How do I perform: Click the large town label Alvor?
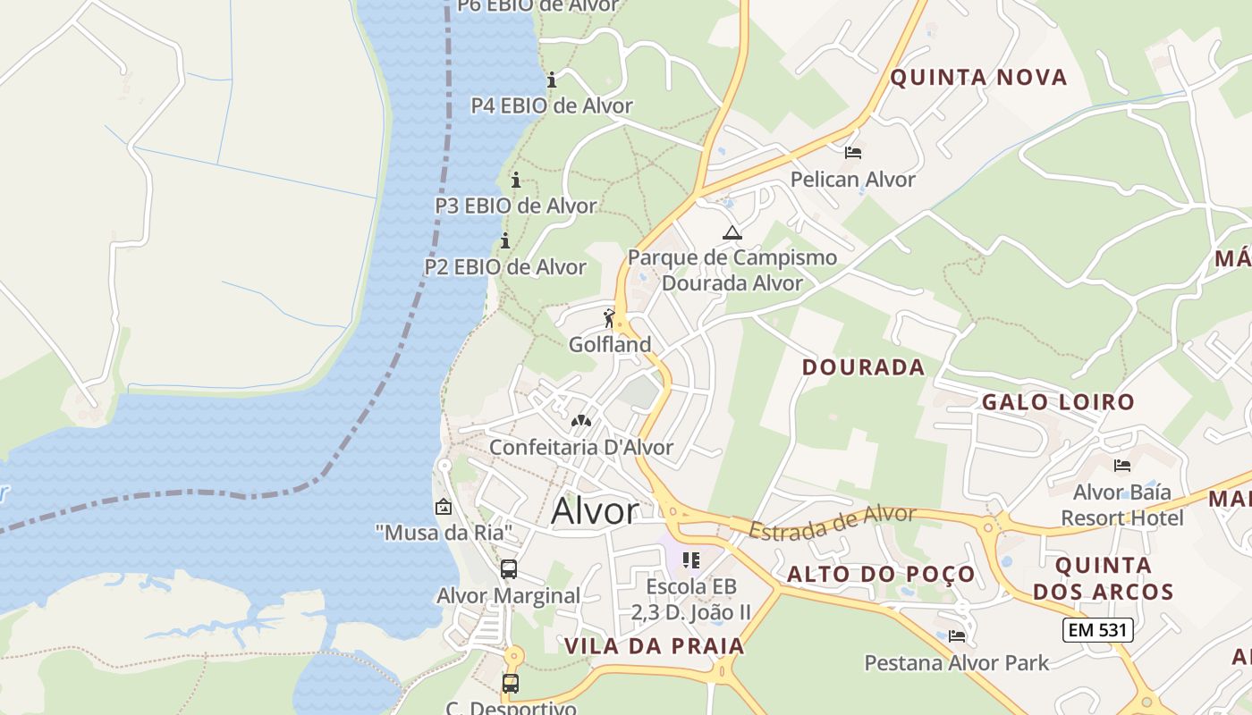click(595, 511)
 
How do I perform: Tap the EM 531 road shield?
click(1097, 630)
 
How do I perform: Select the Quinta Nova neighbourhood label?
click(978, 78)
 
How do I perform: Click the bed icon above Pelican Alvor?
click(853, 153)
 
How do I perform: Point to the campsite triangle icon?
click(732, 233)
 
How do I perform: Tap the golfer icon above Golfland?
click(610, 318)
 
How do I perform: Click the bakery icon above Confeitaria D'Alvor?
click(581, 420)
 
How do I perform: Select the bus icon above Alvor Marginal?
click(508, 568)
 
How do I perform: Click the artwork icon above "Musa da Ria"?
click(443, 507)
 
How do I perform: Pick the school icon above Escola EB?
click(690, 560)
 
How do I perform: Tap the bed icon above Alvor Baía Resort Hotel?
click(1121, 466)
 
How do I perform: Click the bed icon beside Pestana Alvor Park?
click(957, 636)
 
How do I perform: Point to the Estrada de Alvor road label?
click(832, 523)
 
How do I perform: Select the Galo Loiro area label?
click(1057, 402)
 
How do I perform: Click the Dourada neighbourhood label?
click(863, 367)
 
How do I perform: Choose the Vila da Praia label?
click(654, 646)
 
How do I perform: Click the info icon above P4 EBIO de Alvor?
click(552, 80)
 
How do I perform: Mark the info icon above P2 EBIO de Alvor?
click(505, 241)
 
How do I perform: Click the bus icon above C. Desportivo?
click(510, 684)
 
